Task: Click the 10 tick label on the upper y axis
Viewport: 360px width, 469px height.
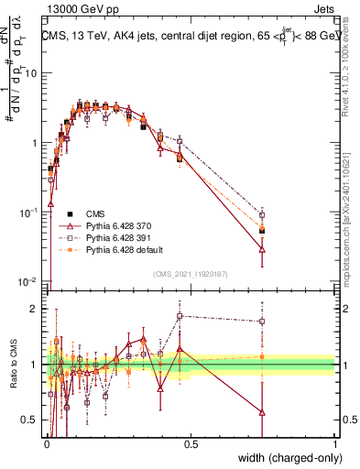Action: click(x=33, y=73)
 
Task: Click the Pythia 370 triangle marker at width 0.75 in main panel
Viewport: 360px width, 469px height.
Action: click(x=263, y=248)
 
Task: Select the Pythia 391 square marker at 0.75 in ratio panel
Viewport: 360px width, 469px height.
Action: click(x=263, y=322)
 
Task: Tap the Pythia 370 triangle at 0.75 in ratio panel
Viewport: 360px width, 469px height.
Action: click(x=263, y=412)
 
